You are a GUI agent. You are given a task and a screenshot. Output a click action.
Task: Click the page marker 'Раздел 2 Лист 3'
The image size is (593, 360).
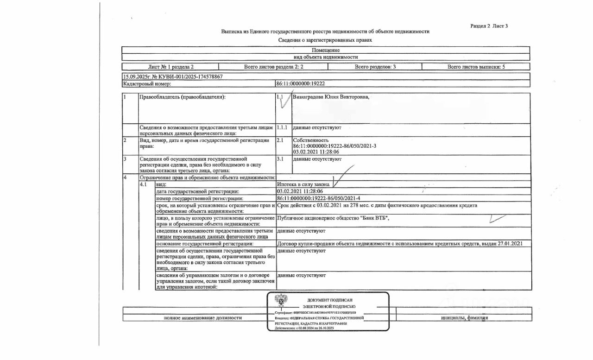489,26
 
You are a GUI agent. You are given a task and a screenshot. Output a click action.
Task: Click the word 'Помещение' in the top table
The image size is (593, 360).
326,50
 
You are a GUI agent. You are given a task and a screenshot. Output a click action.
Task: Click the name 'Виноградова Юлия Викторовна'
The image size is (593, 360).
331,97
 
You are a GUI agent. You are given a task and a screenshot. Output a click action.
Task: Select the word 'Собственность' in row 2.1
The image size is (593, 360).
311,140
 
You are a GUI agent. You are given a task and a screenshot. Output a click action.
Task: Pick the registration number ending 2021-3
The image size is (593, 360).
334,146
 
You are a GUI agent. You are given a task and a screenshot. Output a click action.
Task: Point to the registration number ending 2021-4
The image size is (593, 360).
318,198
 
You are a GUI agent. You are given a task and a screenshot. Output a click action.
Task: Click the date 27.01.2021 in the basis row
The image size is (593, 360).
510,243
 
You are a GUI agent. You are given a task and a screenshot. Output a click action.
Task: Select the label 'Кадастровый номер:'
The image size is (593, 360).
147,84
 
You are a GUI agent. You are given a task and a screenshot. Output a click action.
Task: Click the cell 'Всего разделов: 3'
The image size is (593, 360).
375,67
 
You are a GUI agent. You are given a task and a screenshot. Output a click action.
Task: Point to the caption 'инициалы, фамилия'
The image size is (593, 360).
464,318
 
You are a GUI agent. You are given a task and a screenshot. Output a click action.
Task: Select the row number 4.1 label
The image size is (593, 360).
144,184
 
